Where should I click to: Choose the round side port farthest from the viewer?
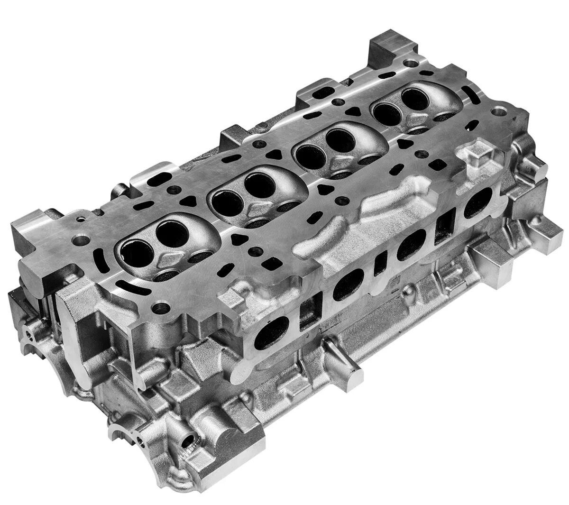[x=478, y=202]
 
